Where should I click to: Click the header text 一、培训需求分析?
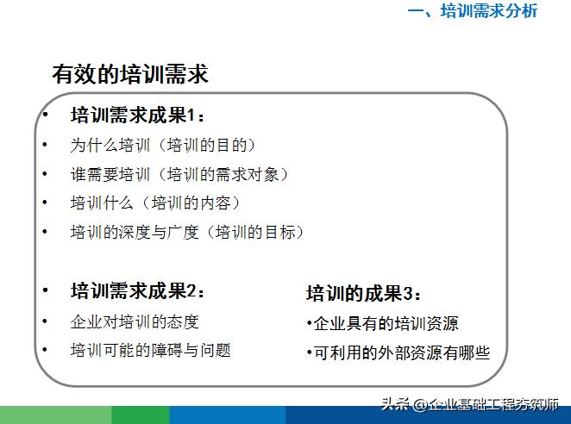(x=472, y=11)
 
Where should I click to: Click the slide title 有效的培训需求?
(x=129, y=75)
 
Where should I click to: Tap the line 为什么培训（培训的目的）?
(x=163, y=146)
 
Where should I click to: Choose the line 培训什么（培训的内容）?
(x=154, y=203)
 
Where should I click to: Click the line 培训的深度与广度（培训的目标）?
(x=187, y=232)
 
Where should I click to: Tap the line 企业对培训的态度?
(x=135, y=321)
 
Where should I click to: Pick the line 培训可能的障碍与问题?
(x=150, y=350)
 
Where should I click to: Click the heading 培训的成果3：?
(x=364, y=293)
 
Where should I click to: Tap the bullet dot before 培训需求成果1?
(x=45, y=116)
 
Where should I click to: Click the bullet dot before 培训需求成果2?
(x=45, y=291)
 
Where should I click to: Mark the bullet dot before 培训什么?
(x=45, y=204)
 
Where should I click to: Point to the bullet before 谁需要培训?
(x=45, y=175)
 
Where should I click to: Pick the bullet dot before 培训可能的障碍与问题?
(x=45, y=351)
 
